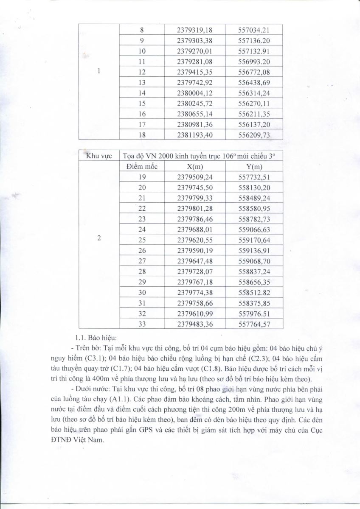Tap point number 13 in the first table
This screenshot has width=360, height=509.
pyautogui.click(x=142, y=83)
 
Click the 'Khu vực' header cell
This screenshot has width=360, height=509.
pyautogui.click(x=99, y=156)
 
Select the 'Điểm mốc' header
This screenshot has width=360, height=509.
pyautogui.click(x=142, y=166)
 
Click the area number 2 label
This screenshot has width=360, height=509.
pyautogui.click(x=99, y=238)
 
